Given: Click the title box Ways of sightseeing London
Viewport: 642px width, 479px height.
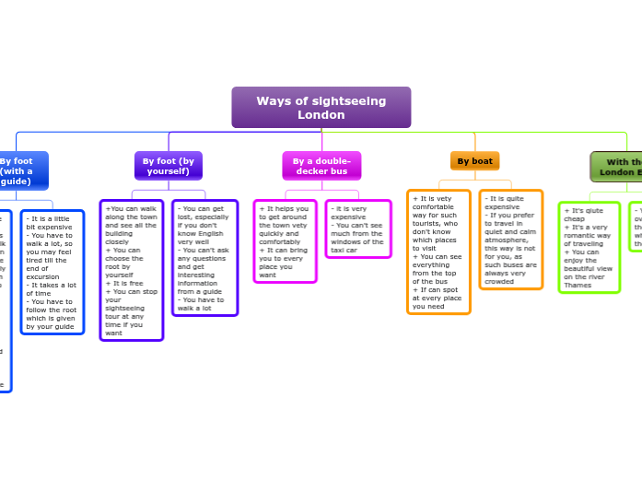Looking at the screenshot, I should (321, 107).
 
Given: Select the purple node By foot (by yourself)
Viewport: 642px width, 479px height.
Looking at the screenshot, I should (169, 166).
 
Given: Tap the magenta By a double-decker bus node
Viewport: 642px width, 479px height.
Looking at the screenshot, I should (321, 166).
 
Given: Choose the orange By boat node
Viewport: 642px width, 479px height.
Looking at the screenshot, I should (474, 161).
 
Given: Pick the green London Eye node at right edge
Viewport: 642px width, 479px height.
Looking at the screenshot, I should (617, 167).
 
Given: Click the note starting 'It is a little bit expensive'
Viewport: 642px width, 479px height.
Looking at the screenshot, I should (53, 272).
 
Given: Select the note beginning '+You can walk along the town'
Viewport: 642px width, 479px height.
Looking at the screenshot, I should (131, 270).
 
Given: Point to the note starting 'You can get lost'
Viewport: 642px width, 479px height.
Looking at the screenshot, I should (204, 257).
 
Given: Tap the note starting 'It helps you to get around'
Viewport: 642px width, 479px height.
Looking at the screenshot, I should (285, 241).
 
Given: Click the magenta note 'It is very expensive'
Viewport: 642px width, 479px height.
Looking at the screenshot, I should (357, 228).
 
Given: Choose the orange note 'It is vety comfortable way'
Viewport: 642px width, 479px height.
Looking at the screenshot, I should (438, 251).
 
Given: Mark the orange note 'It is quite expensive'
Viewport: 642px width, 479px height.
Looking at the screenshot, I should (510, 239).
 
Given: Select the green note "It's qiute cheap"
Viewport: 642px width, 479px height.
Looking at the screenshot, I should (589, 247).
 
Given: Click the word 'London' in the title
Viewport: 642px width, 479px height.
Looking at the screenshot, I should (321, 115).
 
